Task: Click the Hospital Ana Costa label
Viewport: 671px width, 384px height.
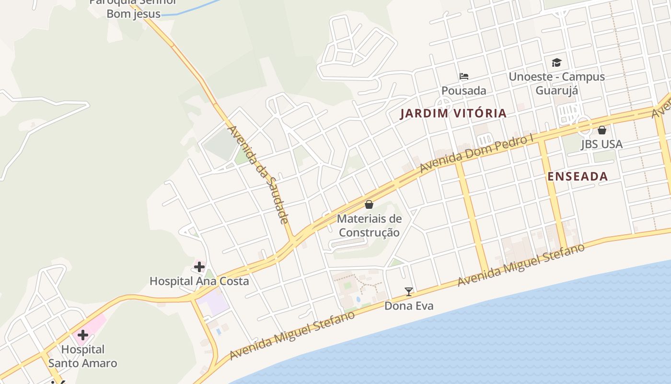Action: pos(199,281)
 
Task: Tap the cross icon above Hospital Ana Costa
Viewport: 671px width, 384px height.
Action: pos(199,266)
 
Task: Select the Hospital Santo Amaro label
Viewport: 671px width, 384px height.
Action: pos(83,356)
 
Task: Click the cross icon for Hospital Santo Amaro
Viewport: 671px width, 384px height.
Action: pos(83,335)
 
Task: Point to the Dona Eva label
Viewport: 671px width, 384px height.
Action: pos(409,306)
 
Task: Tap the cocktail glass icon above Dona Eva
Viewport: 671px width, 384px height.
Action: pos(408,291)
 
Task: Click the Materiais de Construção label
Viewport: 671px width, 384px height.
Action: pos(369,226)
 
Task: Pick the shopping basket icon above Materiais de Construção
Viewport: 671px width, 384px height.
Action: pos(369,204)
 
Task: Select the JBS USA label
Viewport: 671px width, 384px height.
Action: pos(602,144)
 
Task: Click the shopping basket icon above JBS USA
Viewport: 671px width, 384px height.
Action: pos(602,130)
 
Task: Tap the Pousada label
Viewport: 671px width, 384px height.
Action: pos(463,90)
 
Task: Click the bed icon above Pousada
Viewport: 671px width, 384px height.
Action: pos(463,76)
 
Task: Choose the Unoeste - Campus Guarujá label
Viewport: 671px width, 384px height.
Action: pos(556,84)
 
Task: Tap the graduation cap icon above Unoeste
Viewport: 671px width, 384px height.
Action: pos(556,62)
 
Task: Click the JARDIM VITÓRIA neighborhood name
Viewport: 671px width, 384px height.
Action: pos(453,113)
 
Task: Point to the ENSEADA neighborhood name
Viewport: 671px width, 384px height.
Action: pos(578,176)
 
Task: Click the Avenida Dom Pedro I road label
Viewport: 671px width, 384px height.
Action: pos(476,154)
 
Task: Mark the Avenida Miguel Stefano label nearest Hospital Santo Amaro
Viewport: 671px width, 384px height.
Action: pos(292,335)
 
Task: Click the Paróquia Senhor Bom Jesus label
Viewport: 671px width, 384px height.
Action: pos(133,8)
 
